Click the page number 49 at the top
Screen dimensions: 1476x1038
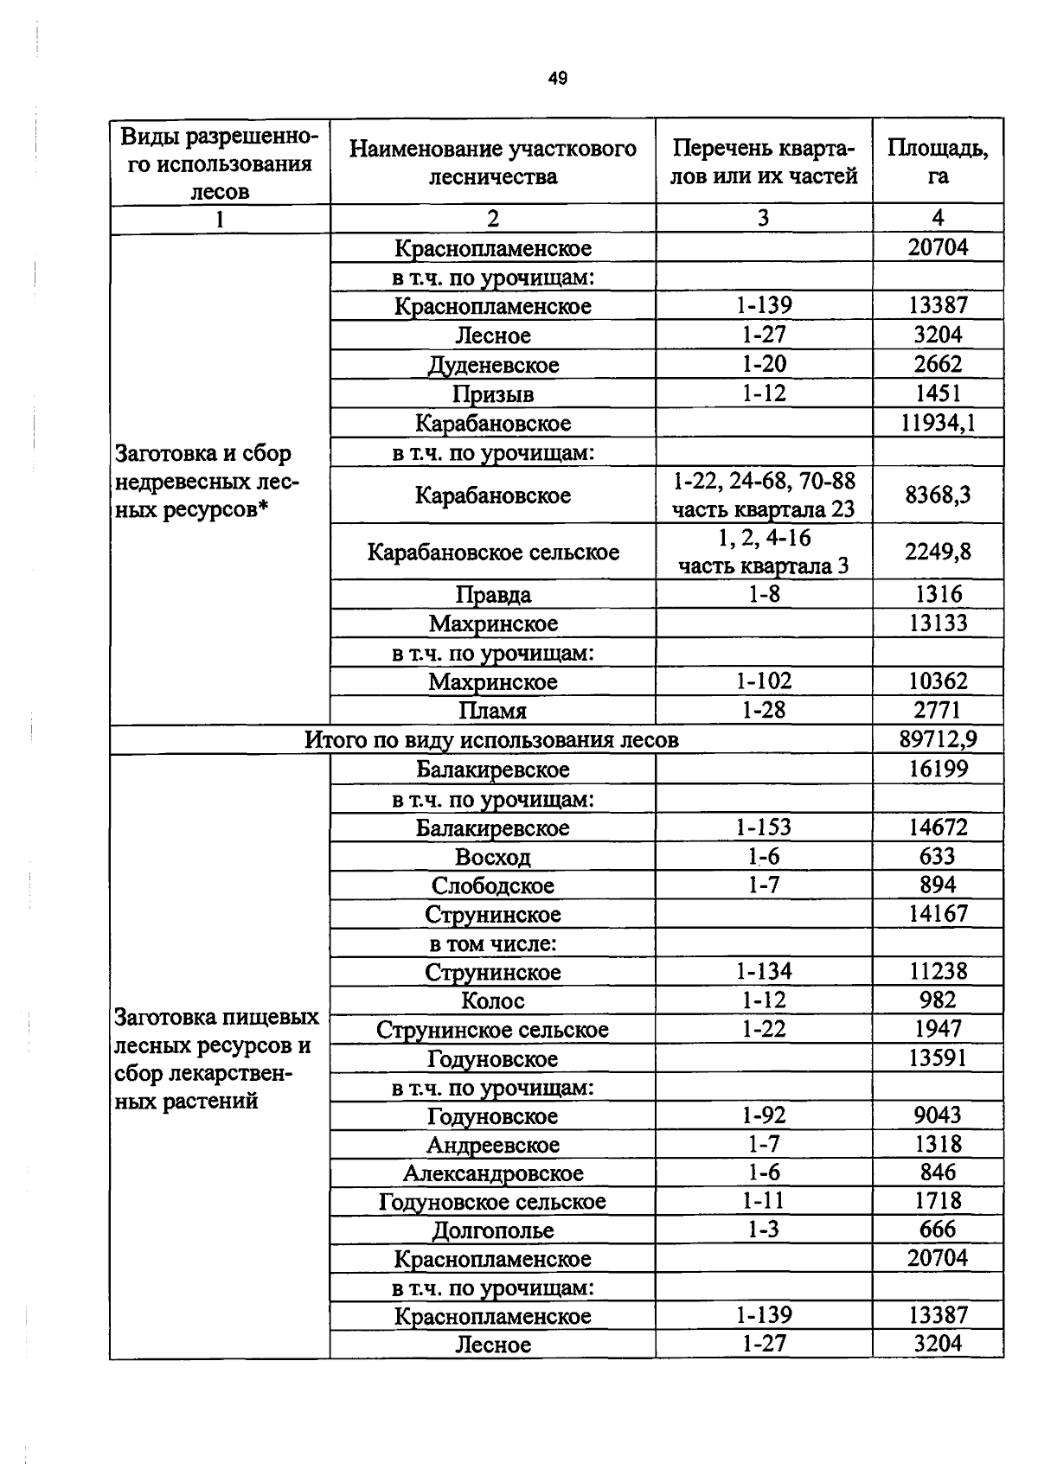558,79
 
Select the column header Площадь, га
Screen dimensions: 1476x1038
938,162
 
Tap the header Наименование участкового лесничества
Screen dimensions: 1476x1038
493,163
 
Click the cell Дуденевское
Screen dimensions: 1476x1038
493,365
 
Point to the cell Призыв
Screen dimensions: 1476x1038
493,394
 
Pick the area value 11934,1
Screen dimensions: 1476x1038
938,423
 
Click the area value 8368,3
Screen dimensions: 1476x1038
938,495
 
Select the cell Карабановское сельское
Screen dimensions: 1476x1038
493,552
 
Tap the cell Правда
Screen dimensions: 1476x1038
493,595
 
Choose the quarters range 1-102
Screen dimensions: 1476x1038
764,681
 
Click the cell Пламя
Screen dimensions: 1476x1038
493,711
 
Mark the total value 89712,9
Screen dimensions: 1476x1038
938,739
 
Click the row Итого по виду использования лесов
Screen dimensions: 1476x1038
491,740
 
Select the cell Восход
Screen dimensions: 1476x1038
493,857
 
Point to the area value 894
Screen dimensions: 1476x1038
938,885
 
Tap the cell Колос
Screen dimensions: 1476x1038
493,1000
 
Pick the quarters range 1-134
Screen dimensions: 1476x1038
764,972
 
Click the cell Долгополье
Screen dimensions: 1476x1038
493,1230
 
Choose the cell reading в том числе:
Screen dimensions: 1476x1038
493,943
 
